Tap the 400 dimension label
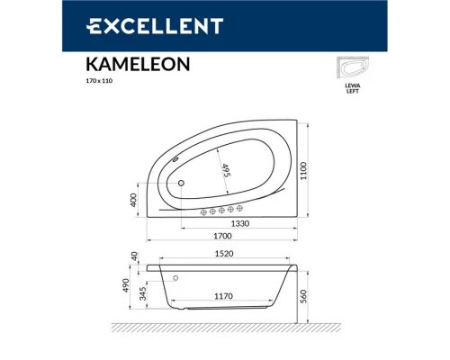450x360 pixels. [135, 198]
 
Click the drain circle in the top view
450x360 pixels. [181, 184]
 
